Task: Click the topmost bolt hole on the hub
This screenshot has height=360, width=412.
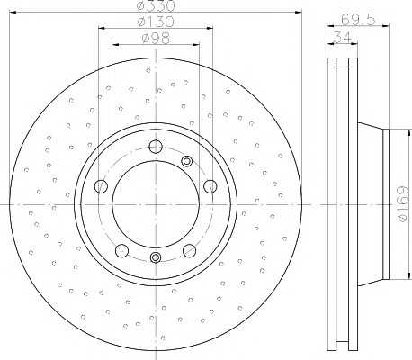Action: point(155,148)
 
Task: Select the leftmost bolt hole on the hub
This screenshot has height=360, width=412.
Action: point(101,186)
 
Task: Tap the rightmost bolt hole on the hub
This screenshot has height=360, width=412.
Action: point(210,185)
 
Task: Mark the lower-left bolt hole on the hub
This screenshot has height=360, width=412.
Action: point(121,249)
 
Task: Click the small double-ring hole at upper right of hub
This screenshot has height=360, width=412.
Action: point(187,162)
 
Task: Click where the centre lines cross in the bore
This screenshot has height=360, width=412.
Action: point(155,204)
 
